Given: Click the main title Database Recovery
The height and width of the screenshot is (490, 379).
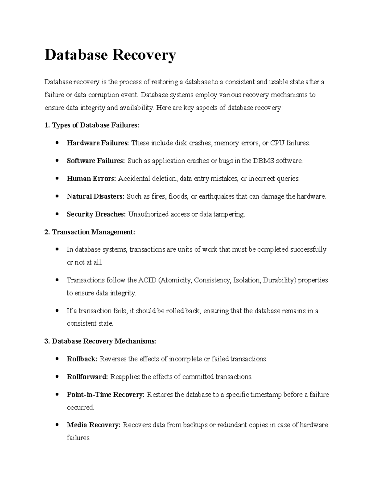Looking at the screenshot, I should [110, 55].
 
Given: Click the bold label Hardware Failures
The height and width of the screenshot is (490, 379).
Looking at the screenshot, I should [98, 143].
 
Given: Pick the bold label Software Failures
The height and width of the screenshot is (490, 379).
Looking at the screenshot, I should [96, 161].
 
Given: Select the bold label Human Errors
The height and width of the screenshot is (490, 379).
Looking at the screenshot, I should [92, 179].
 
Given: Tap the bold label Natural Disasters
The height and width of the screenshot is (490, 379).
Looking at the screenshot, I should [95, 197].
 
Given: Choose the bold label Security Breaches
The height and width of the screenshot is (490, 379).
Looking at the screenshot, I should [96, 215].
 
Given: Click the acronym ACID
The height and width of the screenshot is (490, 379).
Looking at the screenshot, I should [147, 280].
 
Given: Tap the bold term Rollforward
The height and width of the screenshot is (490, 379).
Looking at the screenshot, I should [87, 377].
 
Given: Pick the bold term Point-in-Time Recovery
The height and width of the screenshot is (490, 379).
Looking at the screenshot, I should [105, 395].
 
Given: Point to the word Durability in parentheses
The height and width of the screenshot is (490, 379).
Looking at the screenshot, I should [279, 280].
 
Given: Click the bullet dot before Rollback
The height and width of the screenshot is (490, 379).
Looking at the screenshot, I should [57, 359].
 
